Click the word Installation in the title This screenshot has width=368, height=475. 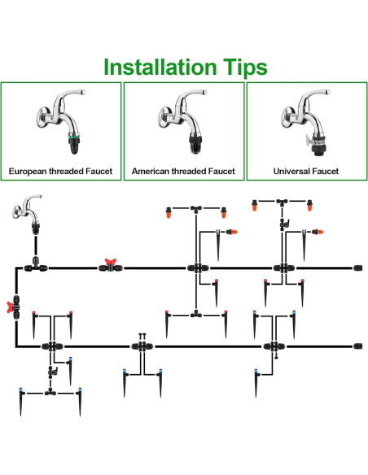click(x=160, y=67)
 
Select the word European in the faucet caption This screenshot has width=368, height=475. click(x=28, y=172)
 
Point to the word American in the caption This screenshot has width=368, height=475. click(x=151, y=171)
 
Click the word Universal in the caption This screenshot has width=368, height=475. click(x=291, y=171)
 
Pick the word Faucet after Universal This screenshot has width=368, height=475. click(x=324, y=171)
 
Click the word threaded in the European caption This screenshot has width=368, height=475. click(x=66, y=171)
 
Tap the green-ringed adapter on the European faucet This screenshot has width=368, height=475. click(x=73, y=144)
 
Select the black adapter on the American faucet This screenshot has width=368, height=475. click(x=195, y=144)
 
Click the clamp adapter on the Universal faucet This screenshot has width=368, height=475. click(x=317, y=145)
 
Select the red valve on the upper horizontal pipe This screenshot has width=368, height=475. click(x=111, y=265)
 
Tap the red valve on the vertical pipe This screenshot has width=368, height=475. click(x=14, y=307)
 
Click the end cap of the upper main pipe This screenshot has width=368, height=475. click(x=357, y=268)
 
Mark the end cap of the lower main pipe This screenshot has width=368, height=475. click(x=357, y=346)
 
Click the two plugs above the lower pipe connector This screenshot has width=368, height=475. click(x=142, y=336)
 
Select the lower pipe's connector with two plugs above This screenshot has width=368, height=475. click(x=142, y=346)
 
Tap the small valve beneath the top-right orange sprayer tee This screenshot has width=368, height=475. click(x=284, y=224)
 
